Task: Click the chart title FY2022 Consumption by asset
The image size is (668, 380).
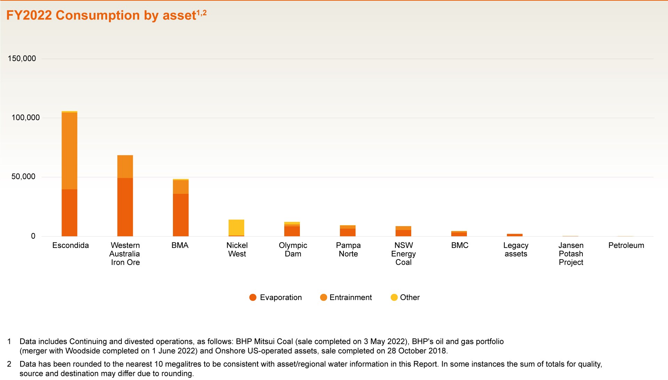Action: (101, 15)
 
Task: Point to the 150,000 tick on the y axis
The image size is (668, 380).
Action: (22, 58)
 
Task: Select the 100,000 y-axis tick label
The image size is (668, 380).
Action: (26, 117)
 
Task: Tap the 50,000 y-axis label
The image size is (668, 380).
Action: (23, 176)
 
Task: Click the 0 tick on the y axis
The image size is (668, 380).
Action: (33, 236)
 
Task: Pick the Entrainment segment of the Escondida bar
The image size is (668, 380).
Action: (70, 151)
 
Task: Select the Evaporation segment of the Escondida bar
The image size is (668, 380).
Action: (70, 213)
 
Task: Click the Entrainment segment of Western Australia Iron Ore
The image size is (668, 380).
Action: (125, 167)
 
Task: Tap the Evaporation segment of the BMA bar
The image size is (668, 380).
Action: (181, 215)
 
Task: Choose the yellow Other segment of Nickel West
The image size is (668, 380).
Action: (237, 228)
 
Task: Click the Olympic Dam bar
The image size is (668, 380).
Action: (292, 229)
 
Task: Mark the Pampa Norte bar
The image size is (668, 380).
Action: (348, 231)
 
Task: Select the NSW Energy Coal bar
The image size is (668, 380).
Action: (404, 231)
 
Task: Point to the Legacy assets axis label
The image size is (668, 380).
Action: (516, 249)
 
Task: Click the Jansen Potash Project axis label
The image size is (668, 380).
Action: (571, 254)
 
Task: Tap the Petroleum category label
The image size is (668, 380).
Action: (626, 245)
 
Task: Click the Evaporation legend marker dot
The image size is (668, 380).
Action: (253, 297)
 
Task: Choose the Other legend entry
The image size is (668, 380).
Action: (405, 297)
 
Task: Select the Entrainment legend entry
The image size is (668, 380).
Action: (346, 297)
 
